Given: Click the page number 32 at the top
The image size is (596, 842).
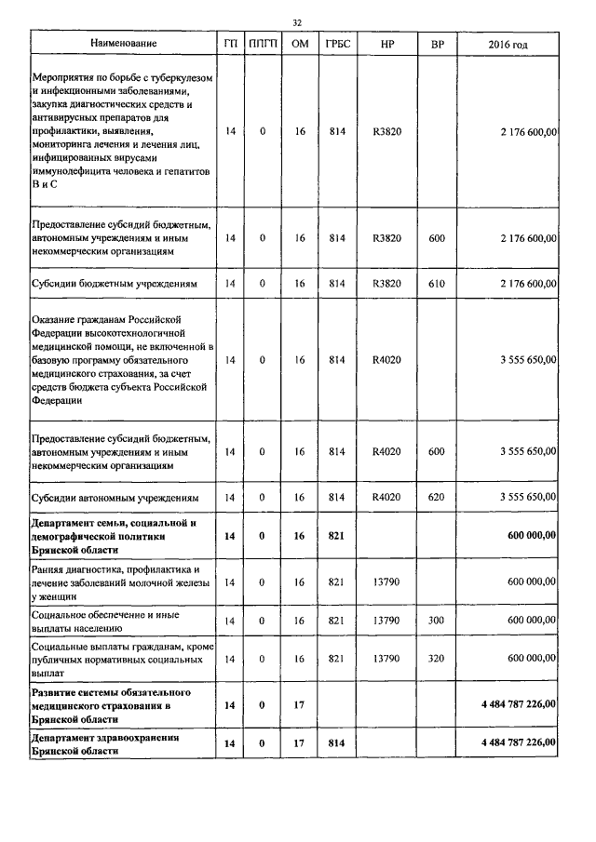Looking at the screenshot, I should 297,21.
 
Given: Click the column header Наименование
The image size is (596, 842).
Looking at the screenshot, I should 123,44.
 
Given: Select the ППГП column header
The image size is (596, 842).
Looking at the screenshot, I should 263,44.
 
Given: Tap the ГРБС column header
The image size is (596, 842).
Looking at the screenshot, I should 337,44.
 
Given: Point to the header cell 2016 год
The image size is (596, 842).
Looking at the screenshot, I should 513,44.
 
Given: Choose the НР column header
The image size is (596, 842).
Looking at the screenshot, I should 386,44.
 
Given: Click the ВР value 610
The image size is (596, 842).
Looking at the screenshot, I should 436,283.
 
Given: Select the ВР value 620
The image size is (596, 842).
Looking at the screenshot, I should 436,497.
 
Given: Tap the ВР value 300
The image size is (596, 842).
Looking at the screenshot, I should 436,619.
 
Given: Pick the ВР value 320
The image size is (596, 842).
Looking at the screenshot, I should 436,658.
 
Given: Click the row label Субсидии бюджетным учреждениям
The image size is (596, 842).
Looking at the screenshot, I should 115,283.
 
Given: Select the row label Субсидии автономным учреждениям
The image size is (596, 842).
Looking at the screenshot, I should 117,497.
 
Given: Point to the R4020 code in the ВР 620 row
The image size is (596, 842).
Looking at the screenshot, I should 386,497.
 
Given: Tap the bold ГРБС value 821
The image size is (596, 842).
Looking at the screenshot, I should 337,536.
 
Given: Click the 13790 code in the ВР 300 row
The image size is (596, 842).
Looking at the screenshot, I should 386,619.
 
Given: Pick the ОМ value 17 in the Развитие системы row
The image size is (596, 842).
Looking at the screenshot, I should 299,705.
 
